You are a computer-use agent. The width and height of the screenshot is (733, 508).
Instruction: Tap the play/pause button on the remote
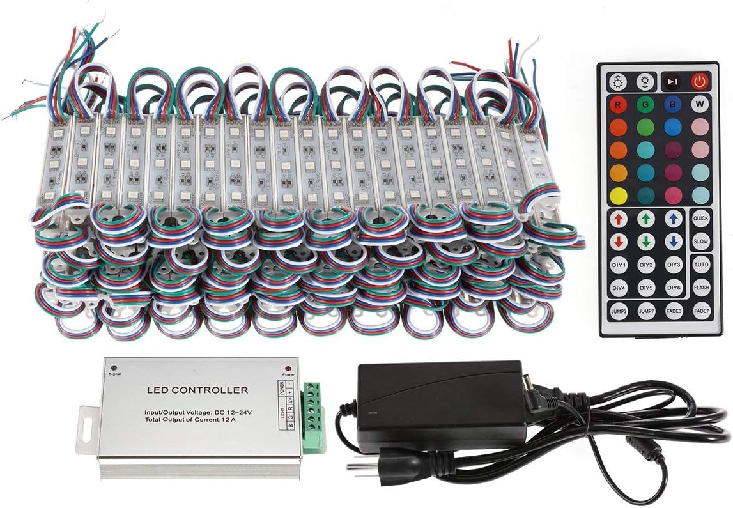[x=672, y=82]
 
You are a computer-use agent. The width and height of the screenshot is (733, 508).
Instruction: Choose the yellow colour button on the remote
[x=617, y=195]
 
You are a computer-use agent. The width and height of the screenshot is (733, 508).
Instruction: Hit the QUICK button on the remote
[x=701, y=218]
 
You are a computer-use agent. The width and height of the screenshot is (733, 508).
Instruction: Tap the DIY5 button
[x=646, y=287]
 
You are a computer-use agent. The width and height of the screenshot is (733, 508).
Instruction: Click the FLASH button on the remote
[x=701, y=287]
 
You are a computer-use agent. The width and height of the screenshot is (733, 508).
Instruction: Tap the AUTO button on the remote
[x=701, y=264]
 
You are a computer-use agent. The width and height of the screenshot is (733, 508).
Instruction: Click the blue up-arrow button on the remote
[x=674, y=219]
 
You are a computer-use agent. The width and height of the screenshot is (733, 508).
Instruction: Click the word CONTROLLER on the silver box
[x=217, y=389]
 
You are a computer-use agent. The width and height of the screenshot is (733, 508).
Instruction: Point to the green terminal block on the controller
[x=313, y=416]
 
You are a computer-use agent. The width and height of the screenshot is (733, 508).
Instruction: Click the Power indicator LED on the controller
[x=288, y=370]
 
